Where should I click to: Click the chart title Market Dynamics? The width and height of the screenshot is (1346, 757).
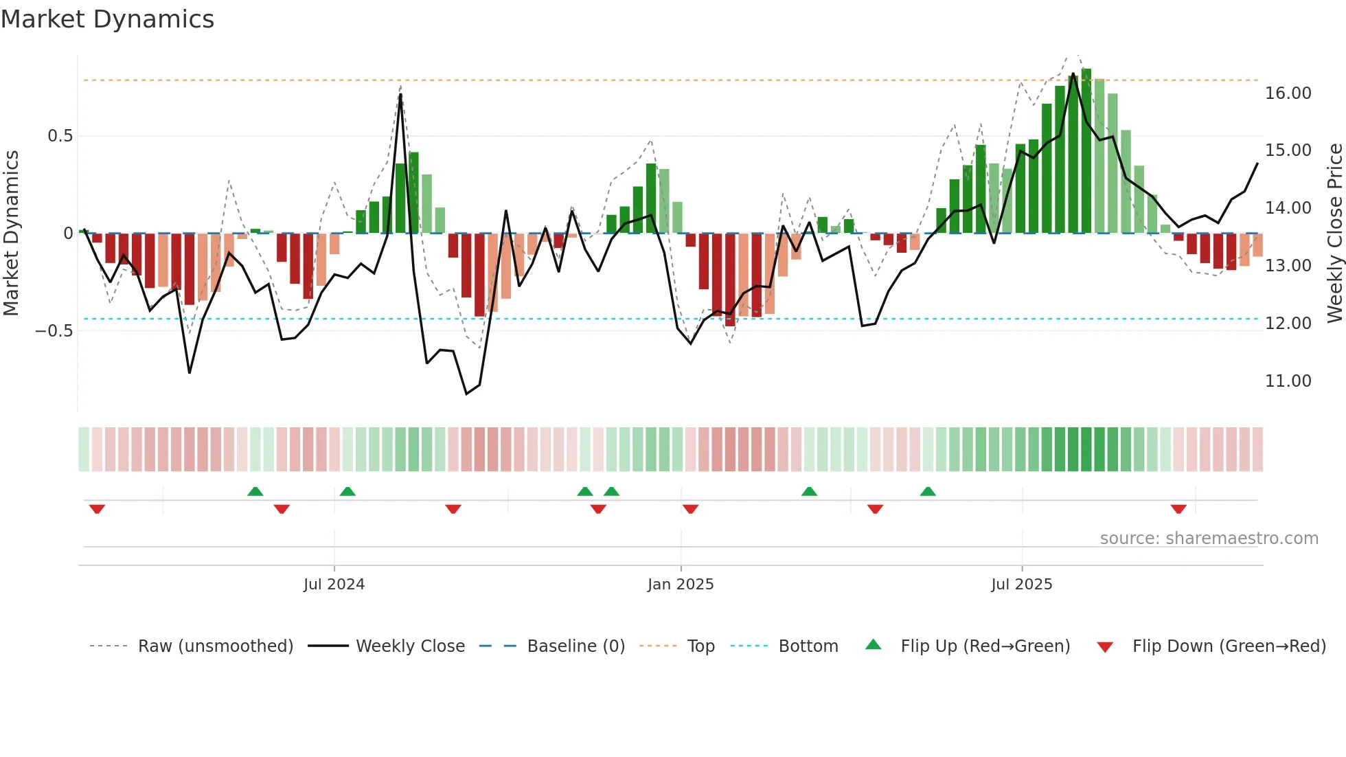pyautogui.click(x=107, y=19)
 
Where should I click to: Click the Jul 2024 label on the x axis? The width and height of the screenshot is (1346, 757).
pyautogui.click(x=334, y=585)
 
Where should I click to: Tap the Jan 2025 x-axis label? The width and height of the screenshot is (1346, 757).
pyautogui.click(x=681, y=585)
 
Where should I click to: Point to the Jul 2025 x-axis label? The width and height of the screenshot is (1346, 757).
pyautogui.click(x=1021, y=585)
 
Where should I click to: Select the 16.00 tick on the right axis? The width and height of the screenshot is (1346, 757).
pyautogui.click(x=1288, y=93)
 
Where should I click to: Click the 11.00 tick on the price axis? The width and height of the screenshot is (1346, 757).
pyautogui.click(x=1288, y=381)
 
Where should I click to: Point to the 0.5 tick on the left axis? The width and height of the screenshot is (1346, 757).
pyautogui.click(x=60, y=136)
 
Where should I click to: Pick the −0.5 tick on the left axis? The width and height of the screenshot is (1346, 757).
pyautogui.click(x=54, y=331)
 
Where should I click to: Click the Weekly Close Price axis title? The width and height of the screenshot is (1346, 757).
pyautogui.click(x=1334, y=234)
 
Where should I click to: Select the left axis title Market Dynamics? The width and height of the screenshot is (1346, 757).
pyautogui.click(x=11, y=234)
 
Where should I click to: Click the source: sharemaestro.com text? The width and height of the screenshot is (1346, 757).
pyautogui.click(x=1209, y=539)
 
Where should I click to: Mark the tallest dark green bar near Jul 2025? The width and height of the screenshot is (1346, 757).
pyautogui.click(x=1086, y=151)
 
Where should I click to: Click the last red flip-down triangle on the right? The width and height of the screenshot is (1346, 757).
pyautogui.click(x=1178, y=509)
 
